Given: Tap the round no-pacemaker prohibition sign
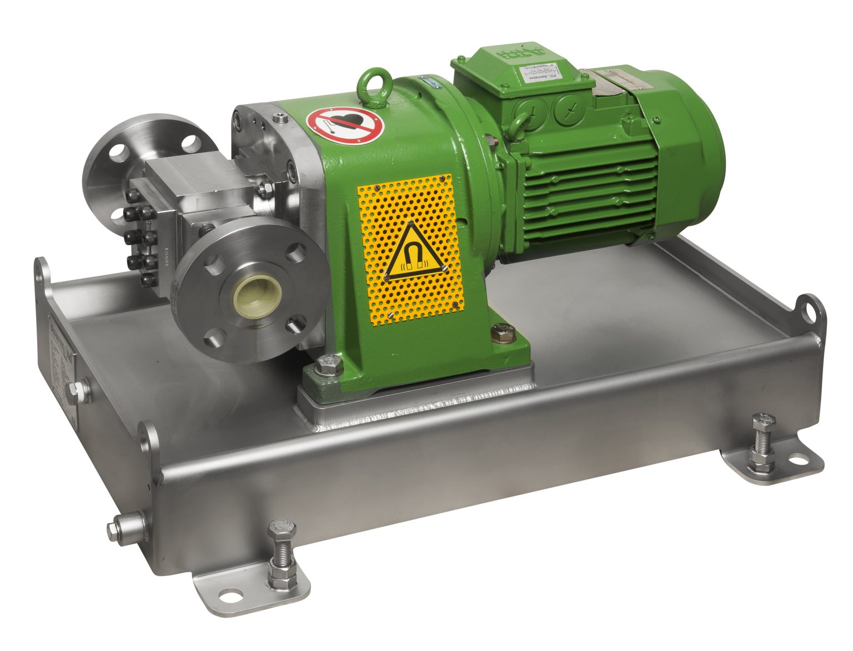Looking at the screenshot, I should tap(345, 123).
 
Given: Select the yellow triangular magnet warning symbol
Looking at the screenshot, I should tap(411, 253).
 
